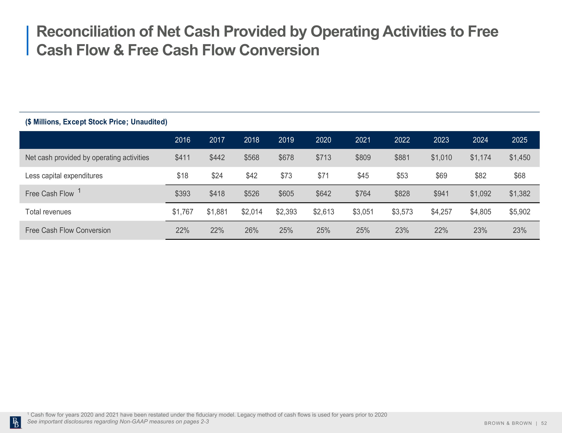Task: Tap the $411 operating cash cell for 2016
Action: (182, 157)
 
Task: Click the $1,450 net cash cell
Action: (519, 157)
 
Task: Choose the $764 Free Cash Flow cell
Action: (363, 194)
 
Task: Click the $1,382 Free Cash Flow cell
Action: (519, 194)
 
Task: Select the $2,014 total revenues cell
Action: (252, 212)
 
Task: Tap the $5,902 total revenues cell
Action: (519, 212)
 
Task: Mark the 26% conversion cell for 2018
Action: (252, 230)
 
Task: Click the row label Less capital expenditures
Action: (64, 176)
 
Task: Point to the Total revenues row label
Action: (48, 212)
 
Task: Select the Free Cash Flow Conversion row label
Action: (68, 230)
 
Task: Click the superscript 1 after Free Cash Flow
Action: (79, 190)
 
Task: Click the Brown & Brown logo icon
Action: (16, 423)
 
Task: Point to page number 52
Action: (544, 423)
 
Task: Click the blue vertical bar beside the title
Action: (28, 40)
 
